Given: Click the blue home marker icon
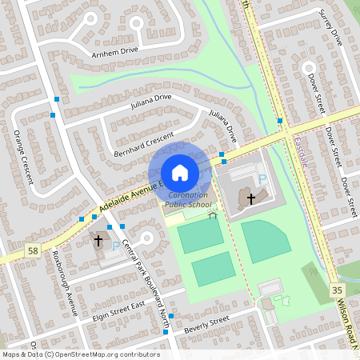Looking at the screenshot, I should [x=179, y=173].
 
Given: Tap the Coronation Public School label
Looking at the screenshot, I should [x=186, y=200].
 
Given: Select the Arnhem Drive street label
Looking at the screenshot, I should [x=117, y=50].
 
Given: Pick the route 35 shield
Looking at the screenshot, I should [x=337, y=290].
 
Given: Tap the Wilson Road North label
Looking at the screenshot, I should [x=349, y=324].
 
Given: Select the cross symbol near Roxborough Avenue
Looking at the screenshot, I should [x=99, y=240].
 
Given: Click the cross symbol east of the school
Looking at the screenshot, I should [x=251, y=197].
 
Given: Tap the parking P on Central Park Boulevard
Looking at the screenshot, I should [x=116, y=246].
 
